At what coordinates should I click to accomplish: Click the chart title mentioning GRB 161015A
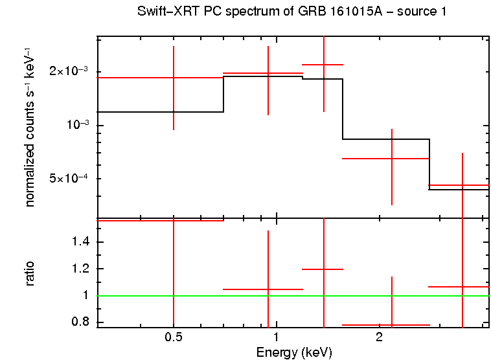(x=291, y=12)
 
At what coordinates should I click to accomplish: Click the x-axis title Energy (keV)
(x=293, y=352)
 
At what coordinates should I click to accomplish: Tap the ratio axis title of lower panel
(x=30, y=273)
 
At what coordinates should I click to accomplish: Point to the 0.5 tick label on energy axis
(x=172, y=337)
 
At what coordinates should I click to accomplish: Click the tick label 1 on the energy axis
(x=277, y=337)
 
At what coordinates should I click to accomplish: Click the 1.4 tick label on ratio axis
(x=81, y=242)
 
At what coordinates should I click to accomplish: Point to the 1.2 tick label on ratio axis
(x=81, y=269)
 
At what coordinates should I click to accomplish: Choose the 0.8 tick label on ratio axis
(x=81, y=322)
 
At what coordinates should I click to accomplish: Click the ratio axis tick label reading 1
(x=87, y=295)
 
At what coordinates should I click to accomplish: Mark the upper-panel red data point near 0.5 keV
(x=174, y=78)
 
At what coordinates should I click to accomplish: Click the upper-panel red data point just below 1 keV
(x=268, y=74)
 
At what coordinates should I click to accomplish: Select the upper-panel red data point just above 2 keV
(x=392, y=158)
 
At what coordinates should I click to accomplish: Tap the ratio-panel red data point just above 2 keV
(x=392, y=325)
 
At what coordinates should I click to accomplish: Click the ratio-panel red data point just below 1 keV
(x=268, y=289)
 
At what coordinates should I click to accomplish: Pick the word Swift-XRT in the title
(x=165, y=12)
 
